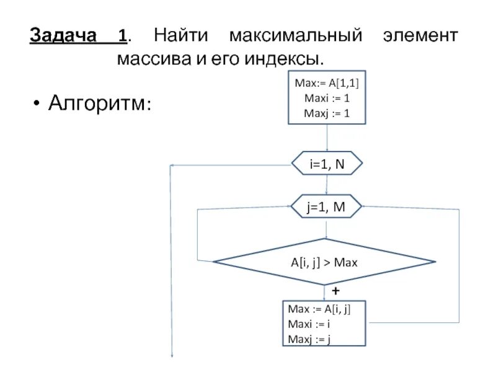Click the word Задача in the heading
click(64, 35)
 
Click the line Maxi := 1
click(327, 97)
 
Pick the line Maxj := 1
click(327, 112)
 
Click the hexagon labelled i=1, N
click(327, 164)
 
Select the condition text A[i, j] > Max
click(325, 262)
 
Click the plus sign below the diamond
click(335, 290)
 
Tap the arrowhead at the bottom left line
click(172, 355)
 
